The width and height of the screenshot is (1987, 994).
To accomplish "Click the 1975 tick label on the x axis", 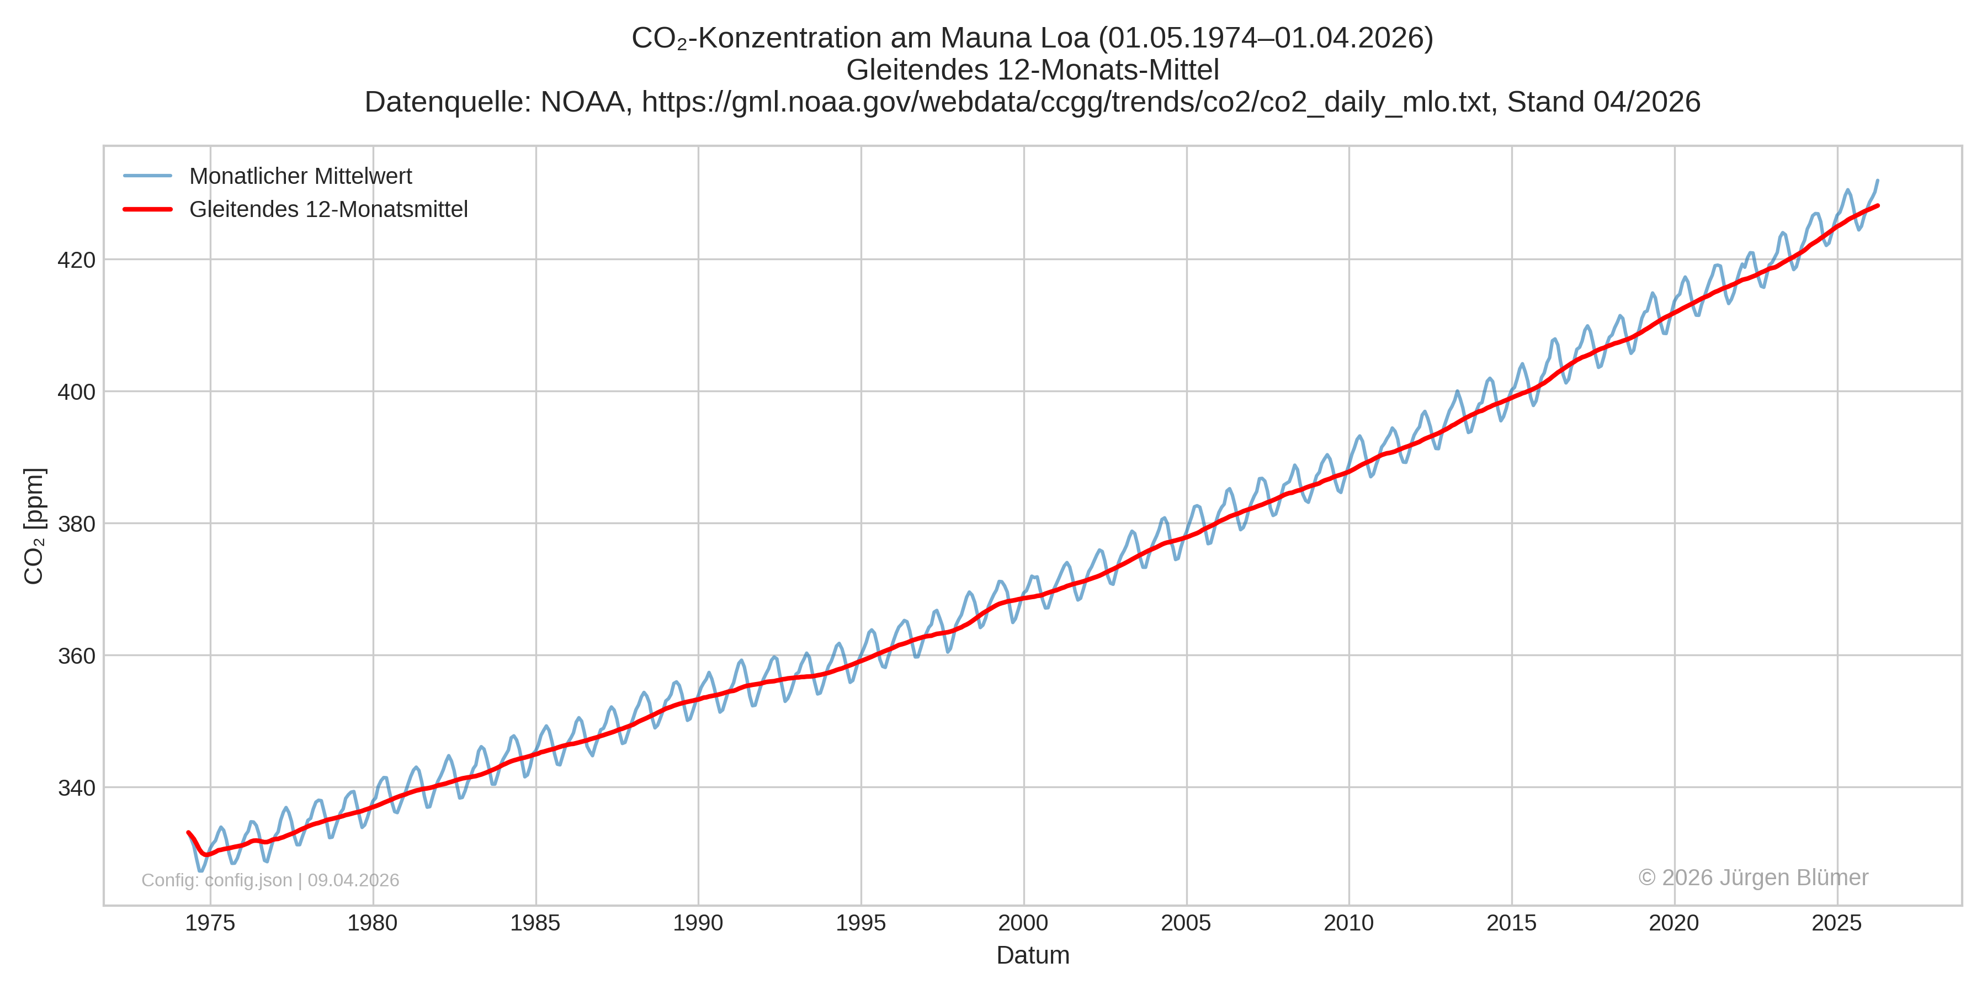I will [210, 923].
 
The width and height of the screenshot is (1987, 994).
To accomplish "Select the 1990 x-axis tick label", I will [698, 923].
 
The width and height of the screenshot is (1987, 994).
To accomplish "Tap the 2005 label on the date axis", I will [1186, 923].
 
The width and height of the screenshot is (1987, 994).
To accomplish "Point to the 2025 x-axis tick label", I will [1836, 923].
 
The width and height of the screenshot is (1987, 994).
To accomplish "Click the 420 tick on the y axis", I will [76, 260].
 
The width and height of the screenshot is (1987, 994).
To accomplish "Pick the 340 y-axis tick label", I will [76, 788].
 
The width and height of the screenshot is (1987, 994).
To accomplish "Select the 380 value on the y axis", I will [76, 524].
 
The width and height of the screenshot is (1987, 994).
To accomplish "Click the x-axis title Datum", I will [1033, 955].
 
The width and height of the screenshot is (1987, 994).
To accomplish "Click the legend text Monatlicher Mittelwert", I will [300, 176].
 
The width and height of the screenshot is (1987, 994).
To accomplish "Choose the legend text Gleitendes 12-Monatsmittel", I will [328, 209].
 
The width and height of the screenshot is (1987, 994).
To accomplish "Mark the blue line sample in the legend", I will [147, 176].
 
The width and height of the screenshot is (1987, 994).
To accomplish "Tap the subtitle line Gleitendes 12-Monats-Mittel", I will [1033, 70].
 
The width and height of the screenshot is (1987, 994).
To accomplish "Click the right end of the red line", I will [1878, 205].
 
